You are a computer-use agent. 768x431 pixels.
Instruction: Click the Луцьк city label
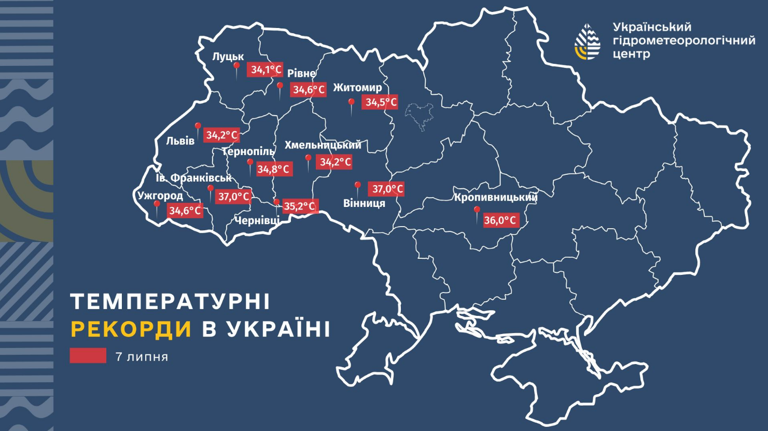click(x=228, y=57)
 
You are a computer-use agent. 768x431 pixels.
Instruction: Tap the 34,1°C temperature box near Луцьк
click(x=266, y=69)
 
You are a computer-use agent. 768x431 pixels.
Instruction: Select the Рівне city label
click(x=301, y=74)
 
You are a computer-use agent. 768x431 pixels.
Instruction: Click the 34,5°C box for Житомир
click(x=381, y=102)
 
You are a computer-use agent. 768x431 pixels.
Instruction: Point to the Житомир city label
click(x=357, y=88)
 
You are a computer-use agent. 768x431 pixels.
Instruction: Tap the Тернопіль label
click(x=248, y=151)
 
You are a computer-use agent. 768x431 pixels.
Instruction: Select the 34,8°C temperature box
click(x=273, y=169)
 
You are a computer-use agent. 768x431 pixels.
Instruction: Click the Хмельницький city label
click(x=323, y=145)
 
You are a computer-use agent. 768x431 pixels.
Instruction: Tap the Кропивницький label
click(x=495, y=198)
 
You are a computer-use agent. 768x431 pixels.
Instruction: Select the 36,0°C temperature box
click(x=500, y=220)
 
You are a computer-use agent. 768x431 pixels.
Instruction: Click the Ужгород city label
click(x=160, y=196)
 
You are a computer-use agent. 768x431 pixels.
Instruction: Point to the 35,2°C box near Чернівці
click(x=299, y=206)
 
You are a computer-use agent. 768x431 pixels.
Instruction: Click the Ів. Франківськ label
click(x=194, y=178)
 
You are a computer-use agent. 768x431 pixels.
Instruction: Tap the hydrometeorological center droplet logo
click(x=588, y=41)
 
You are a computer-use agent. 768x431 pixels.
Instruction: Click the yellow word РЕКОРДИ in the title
click(x=131, y=329)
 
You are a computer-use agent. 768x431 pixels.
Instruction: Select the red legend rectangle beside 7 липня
click(x=88, y=356)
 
